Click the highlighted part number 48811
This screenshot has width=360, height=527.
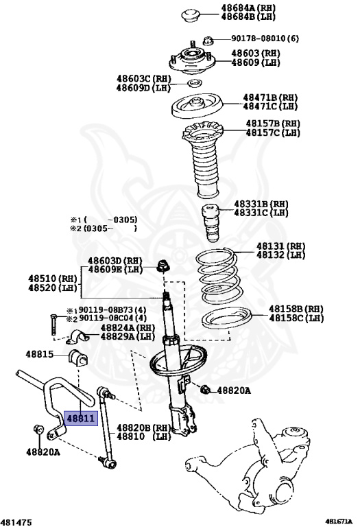[81, 417]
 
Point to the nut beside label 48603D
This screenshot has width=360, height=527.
[163, 266]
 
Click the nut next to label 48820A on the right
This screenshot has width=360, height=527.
[205, 390]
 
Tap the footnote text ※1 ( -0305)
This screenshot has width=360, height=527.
[103, 219]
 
